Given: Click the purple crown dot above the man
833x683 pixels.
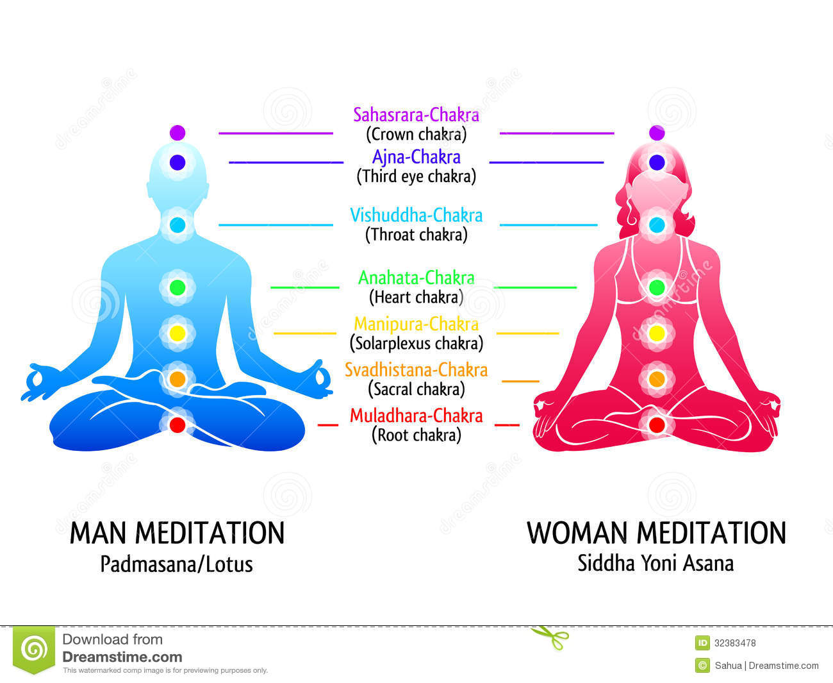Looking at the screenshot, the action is click(177, 133).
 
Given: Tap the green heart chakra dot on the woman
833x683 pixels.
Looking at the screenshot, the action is click(657, 287).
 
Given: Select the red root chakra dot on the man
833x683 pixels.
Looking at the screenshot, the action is click(177, 425).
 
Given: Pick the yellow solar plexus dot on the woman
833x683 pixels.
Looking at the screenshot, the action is click(657, 333).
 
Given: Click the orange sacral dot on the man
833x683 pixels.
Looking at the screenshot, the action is click(177, 379).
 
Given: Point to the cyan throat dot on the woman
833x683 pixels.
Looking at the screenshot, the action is click(657, 225).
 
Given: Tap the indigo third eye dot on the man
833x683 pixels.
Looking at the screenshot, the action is click(177, 162).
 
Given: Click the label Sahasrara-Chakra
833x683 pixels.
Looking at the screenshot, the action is click(416, 115).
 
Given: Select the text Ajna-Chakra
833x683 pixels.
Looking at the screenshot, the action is click(416, 157).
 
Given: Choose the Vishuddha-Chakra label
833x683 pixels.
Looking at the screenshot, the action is click(416, 215).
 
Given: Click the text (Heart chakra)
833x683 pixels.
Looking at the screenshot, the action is click(416, 297).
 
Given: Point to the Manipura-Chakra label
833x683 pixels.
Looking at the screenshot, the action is click(416, 324).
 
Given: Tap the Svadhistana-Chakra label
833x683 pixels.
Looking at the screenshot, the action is click(416, 370).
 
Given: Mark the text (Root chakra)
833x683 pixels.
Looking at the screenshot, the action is click(416, 435).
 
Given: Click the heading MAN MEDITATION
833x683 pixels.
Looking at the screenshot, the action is click(177, 533).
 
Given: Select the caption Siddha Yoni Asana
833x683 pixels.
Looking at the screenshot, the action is click(656, 563).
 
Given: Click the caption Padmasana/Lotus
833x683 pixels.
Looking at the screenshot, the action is click(177, 564).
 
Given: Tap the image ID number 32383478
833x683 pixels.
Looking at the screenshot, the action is click(735, 643).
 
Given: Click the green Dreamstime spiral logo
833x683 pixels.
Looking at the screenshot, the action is click(34, 650).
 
